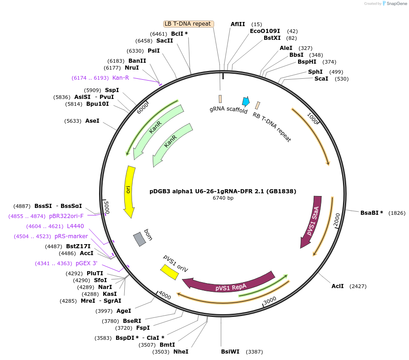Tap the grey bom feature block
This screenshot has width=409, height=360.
pos(139,239)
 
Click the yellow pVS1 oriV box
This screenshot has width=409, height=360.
pos(169,272)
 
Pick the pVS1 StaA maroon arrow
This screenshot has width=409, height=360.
pos(311,222)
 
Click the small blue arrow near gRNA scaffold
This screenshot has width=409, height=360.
pos(246,102)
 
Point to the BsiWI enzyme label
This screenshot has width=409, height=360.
pos(230,352)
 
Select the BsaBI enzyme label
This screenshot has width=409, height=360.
pos(371,213)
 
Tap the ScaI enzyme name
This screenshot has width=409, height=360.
pos(321,79)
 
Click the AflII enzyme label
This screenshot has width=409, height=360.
pos(238,24)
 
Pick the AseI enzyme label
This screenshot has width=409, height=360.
pos(92,121)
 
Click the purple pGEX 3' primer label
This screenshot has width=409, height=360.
pos(86,263)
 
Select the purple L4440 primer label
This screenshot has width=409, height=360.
pos(75,226)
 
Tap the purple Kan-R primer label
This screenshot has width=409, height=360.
pos(121,78)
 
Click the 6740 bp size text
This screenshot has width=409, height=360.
pos(223,198)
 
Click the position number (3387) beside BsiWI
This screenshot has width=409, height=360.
pos(255,352)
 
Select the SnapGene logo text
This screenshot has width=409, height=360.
pos(396,4)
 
